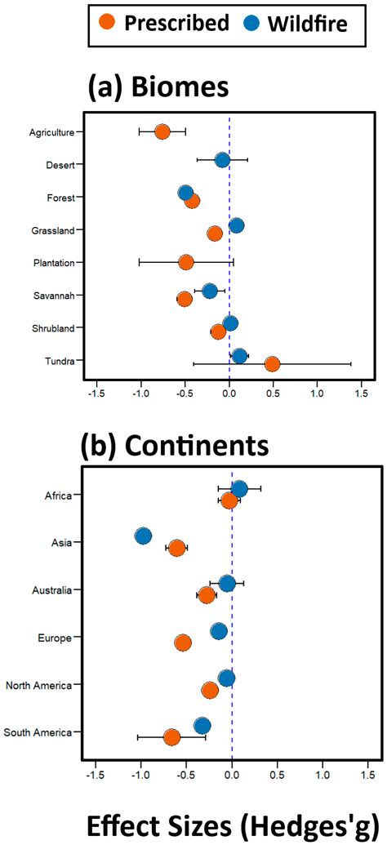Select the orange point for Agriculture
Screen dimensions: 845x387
click(x=162, y=131)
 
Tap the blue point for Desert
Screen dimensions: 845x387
click(x=222, y=159)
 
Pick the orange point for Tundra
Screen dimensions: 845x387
click(x=272, y=363)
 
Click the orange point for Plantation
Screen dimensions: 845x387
click(x=186, y=262)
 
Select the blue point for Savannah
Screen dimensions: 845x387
click(x=210, y=291)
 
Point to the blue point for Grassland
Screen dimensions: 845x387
click(x=236, y=225)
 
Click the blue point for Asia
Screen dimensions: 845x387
click(x=143, y=536)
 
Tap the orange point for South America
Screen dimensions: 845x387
click(x=171, y=737)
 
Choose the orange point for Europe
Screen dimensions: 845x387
click(x=183, y=643)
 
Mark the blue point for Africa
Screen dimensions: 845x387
click(x=239, y=488)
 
